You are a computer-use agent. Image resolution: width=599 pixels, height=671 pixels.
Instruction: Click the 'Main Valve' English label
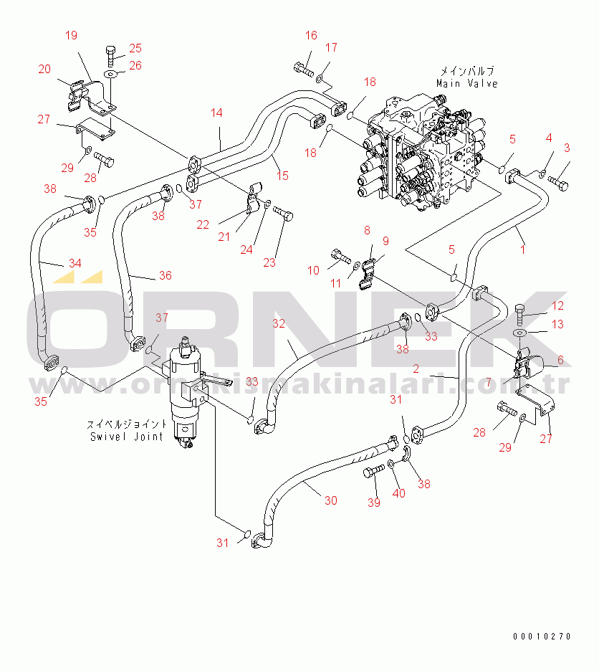coord(467,83)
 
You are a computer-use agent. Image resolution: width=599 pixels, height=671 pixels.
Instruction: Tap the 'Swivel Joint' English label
coord(127,436)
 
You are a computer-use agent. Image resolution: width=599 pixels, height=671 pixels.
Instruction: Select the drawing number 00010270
coord(542,637)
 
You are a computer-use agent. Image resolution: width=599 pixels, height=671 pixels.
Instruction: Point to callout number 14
coord(216,113)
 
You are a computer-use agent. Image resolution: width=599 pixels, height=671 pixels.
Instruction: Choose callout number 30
coord(330,500)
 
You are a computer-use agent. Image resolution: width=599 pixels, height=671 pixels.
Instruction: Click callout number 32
coord(279,323)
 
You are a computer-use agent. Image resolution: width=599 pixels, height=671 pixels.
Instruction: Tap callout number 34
coord(75,263)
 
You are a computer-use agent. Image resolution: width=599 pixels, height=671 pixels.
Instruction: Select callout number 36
coord(166,275)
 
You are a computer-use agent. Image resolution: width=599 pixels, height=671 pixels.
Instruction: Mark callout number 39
coord(373,503)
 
